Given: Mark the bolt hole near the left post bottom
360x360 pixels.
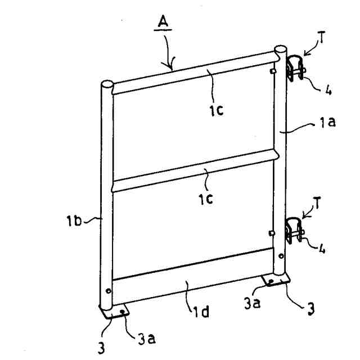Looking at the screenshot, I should tap(108, 292).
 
